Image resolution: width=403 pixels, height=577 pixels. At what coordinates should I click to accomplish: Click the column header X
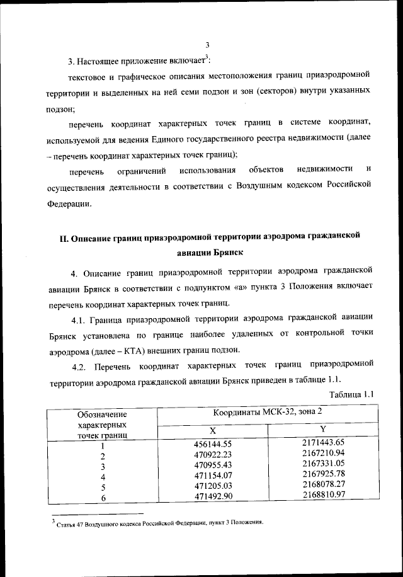pyautogui.click(x=212, y=431)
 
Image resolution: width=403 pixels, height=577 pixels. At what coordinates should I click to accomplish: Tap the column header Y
pyautogui.click(x=322, y=429)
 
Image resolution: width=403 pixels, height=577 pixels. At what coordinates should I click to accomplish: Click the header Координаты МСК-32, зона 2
pyautogui.click(x=267, y=413)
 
